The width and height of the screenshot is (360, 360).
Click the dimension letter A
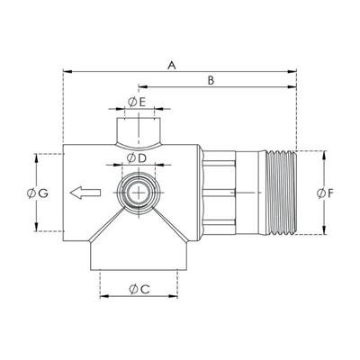[x=171, y=65]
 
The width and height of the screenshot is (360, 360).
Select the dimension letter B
[x=211, y=80]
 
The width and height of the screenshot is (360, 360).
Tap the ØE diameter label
[x=137, y=103]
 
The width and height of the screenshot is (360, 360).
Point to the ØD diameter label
[x=136, y=158]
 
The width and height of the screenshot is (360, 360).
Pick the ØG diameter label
[x=38, y=193]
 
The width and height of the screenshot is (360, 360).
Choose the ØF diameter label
[x=326, y=193]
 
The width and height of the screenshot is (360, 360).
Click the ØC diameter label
[x=139, y=290]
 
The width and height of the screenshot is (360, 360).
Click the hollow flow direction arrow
[x=85, y=193]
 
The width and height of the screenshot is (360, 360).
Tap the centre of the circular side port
[x=139, y=193]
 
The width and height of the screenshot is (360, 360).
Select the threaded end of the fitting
[x=282, y=193]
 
